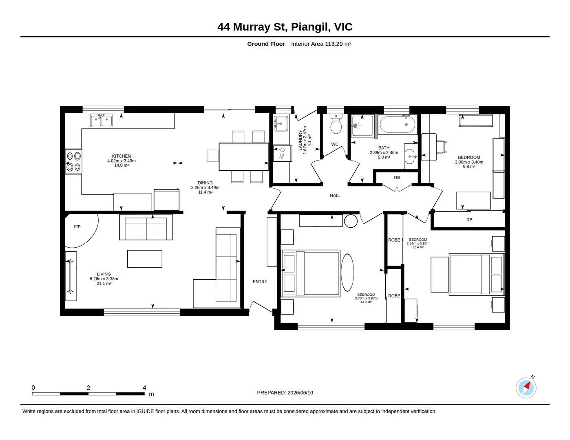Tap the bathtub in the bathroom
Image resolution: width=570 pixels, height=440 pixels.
(x=398, y=125)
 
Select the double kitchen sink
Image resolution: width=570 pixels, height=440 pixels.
(x=101, y=121)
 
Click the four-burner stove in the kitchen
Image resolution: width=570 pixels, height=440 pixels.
(x=73, y=161)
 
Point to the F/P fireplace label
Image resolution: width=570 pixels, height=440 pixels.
(x=77, y=227)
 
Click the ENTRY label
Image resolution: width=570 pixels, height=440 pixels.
(x=260, y=282)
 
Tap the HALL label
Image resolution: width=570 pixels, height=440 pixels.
(x=335, y=195)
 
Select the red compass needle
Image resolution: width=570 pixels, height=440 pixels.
(x=527, y=385)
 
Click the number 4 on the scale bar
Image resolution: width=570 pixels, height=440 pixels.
(x=144, y=387)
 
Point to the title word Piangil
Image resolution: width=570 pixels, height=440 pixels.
(x=311, y=27)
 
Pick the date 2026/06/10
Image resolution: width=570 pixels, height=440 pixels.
(x=300, y=393)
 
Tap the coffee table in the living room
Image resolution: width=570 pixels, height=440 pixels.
(x=144, y=259)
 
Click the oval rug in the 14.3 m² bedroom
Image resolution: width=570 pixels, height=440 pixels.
(x=347, y=273)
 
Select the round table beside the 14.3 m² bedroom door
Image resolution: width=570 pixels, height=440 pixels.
(x=351, y=221)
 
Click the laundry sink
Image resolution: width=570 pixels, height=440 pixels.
(x=281, y=123)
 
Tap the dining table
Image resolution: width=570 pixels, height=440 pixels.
(x=244, y=157)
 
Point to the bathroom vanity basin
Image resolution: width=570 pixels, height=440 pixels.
(x=410, y=156)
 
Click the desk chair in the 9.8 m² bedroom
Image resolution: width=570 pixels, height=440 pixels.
(x=442, y=147)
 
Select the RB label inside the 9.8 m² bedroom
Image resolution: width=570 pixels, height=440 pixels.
(x=469, y=220)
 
